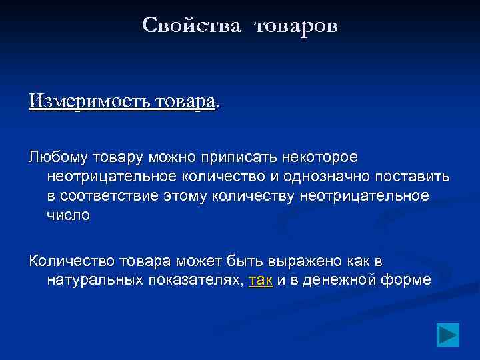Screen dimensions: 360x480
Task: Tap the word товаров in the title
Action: [x=295, y=26]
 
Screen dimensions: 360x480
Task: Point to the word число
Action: [x=68, y=215]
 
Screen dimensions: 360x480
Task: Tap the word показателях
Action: [x=196, y=280]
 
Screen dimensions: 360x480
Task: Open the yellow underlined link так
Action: [x=260, y=280]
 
